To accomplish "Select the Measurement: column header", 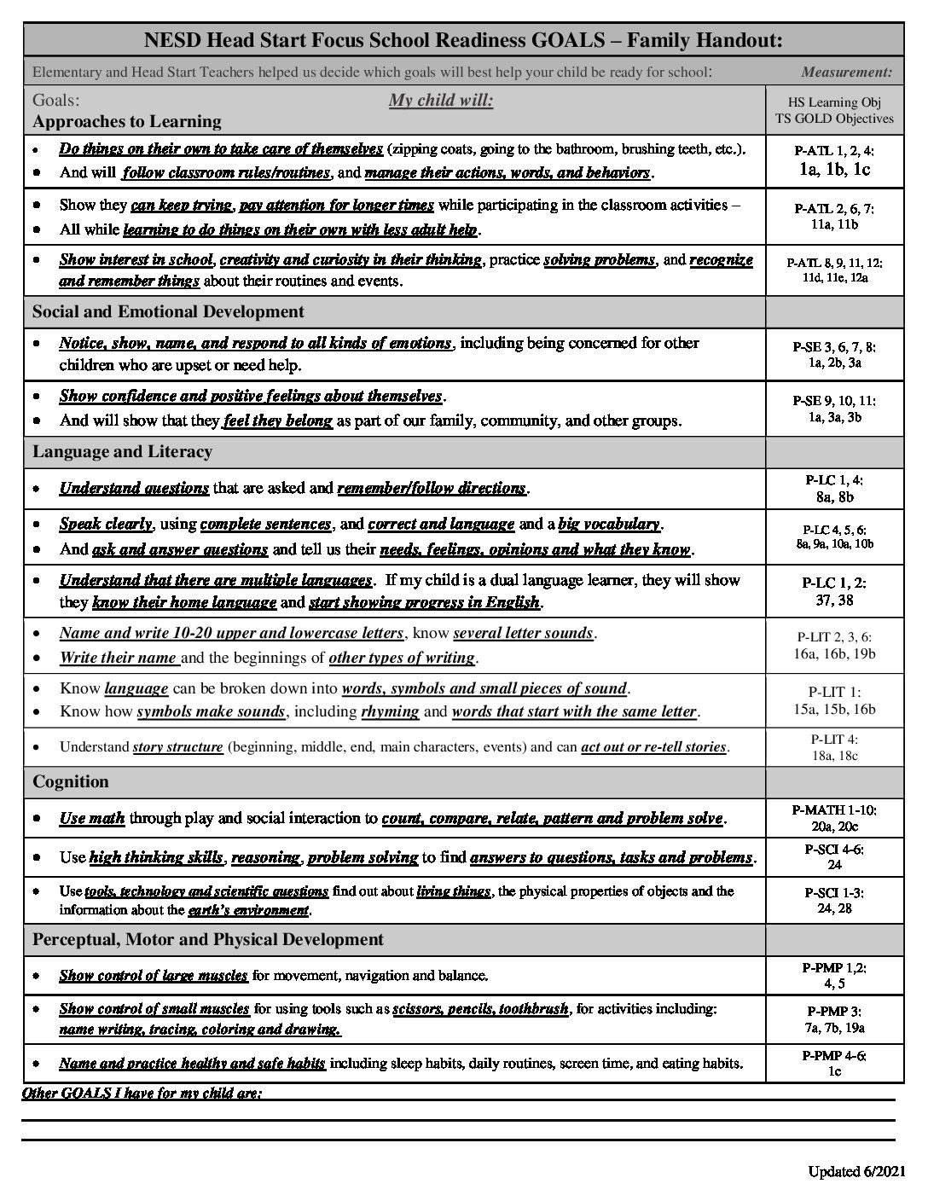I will click(847, 72).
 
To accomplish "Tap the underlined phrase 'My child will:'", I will click(441, 101).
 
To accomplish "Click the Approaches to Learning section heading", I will click(127, 121).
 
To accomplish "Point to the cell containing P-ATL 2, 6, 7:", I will click(833, 217).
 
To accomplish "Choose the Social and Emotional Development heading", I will click(168, 311).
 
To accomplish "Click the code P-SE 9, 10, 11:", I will click(833, 401).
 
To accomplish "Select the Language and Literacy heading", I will click(122, 451).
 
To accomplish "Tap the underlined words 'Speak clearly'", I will click(106, 524).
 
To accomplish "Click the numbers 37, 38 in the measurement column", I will click(833, 600).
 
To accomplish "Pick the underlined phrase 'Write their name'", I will click(119, 658).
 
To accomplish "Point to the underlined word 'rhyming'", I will click(390, 711).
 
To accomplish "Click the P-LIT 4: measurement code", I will click(833, 740).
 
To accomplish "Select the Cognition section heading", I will click(71, 781).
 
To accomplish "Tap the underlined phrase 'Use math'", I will click(92, 819).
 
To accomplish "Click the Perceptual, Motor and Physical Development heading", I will click(208, 939).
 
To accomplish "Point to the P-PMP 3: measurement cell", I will click(833, 1011).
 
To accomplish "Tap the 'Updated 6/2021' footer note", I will click(856, 1171).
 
